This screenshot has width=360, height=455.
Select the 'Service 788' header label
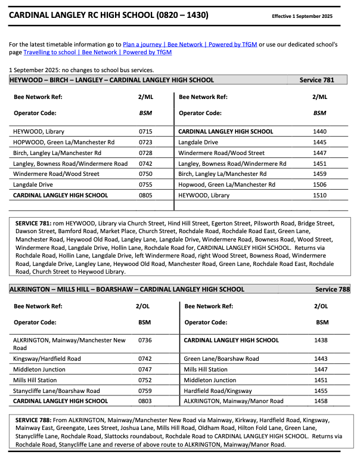coord(332,289)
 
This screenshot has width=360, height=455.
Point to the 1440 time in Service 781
coord(320,131)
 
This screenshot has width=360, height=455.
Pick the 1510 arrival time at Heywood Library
coord(320,195)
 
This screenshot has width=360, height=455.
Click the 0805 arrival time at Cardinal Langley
coord(145,195)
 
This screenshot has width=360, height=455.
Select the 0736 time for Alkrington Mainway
coord(145,340)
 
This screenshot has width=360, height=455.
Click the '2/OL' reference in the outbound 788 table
coord(145,307)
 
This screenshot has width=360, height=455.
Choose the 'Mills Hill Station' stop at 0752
coord(35,380)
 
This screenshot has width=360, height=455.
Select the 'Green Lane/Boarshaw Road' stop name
coord(221,358)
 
